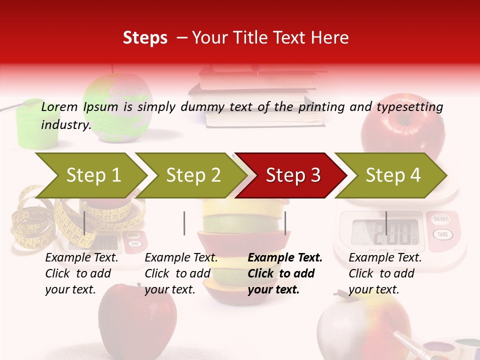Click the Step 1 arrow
[90, 175]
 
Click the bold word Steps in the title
[145, 37]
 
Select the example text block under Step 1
[81, 273]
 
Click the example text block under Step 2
[181, 273]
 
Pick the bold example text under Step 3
[285, 273]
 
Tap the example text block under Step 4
[385, 273]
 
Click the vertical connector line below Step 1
[84, 223]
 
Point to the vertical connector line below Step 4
[386, 223]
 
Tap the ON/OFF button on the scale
[441, 219]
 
